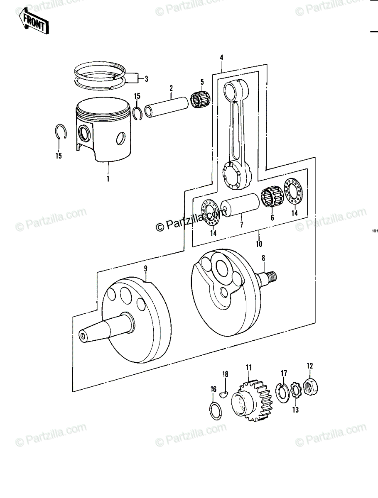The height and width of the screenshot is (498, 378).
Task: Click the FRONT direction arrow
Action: [x=34, y=21]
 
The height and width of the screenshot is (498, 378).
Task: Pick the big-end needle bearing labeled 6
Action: [x=272, y=196]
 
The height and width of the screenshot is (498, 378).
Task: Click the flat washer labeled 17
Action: [x=282, y=393]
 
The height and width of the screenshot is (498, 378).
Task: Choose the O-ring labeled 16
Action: [x=215, y=410]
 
